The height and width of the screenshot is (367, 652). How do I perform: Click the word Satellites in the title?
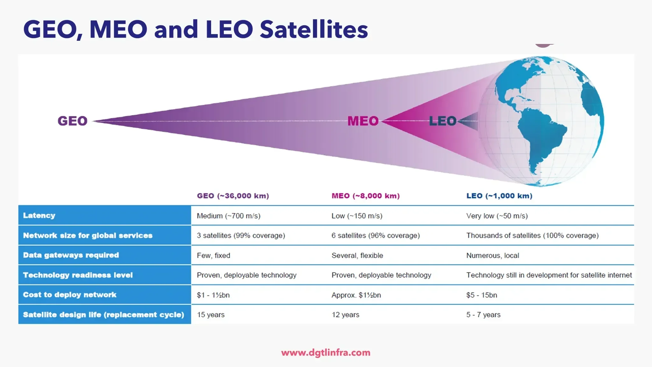tap(314, 29)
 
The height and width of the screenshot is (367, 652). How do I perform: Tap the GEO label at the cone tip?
tap(72, 121)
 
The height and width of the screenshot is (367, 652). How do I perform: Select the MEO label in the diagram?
tap(363, 121)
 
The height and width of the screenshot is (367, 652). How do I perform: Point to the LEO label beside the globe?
tap(443, 121)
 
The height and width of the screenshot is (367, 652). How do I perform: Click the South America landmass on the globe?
tap(541, 137)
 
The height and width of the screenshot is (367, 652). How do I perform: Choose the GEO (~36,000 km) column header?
tap(233, 196)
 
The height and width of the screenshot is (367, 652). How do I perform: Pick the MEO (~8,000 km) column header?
tap(365, 196)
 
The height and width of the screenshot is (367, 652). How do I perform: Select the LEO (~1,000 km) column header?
tap(499, 196)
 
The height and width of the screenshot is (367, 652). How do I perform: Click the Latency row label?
tap(39, 216)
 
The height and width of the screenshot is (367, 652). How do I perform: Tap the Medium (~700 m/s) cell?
tap(229, 216)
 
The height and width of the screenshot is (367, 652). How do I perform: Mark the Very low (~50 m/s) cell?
tap(497, 216)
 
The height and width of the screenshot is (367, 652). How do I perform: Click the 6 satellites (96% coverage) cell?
tap(375, 236)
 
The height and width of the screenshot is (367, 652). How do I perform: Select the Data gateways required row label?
tap(71, 255)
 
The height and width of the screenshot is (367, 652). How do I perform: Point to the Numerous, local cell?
tap(493, 255)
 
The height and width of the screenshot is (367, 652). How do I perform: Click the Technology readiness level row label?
tap(78, 275)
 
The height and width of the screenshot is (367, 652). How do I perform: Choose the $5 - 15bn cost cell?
tap(481, 295)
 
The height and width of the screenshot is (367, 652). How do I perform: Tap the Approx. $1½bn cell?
tap(356, 295)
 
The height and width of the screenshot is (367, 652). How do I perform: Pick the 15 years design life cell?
tap(210, 315)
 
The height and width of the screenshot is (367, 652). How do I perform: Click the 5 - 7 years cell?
tap(483, 315)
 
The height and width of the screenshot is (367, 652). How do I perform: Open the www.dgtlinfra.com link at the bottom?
tap(326, 353)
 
